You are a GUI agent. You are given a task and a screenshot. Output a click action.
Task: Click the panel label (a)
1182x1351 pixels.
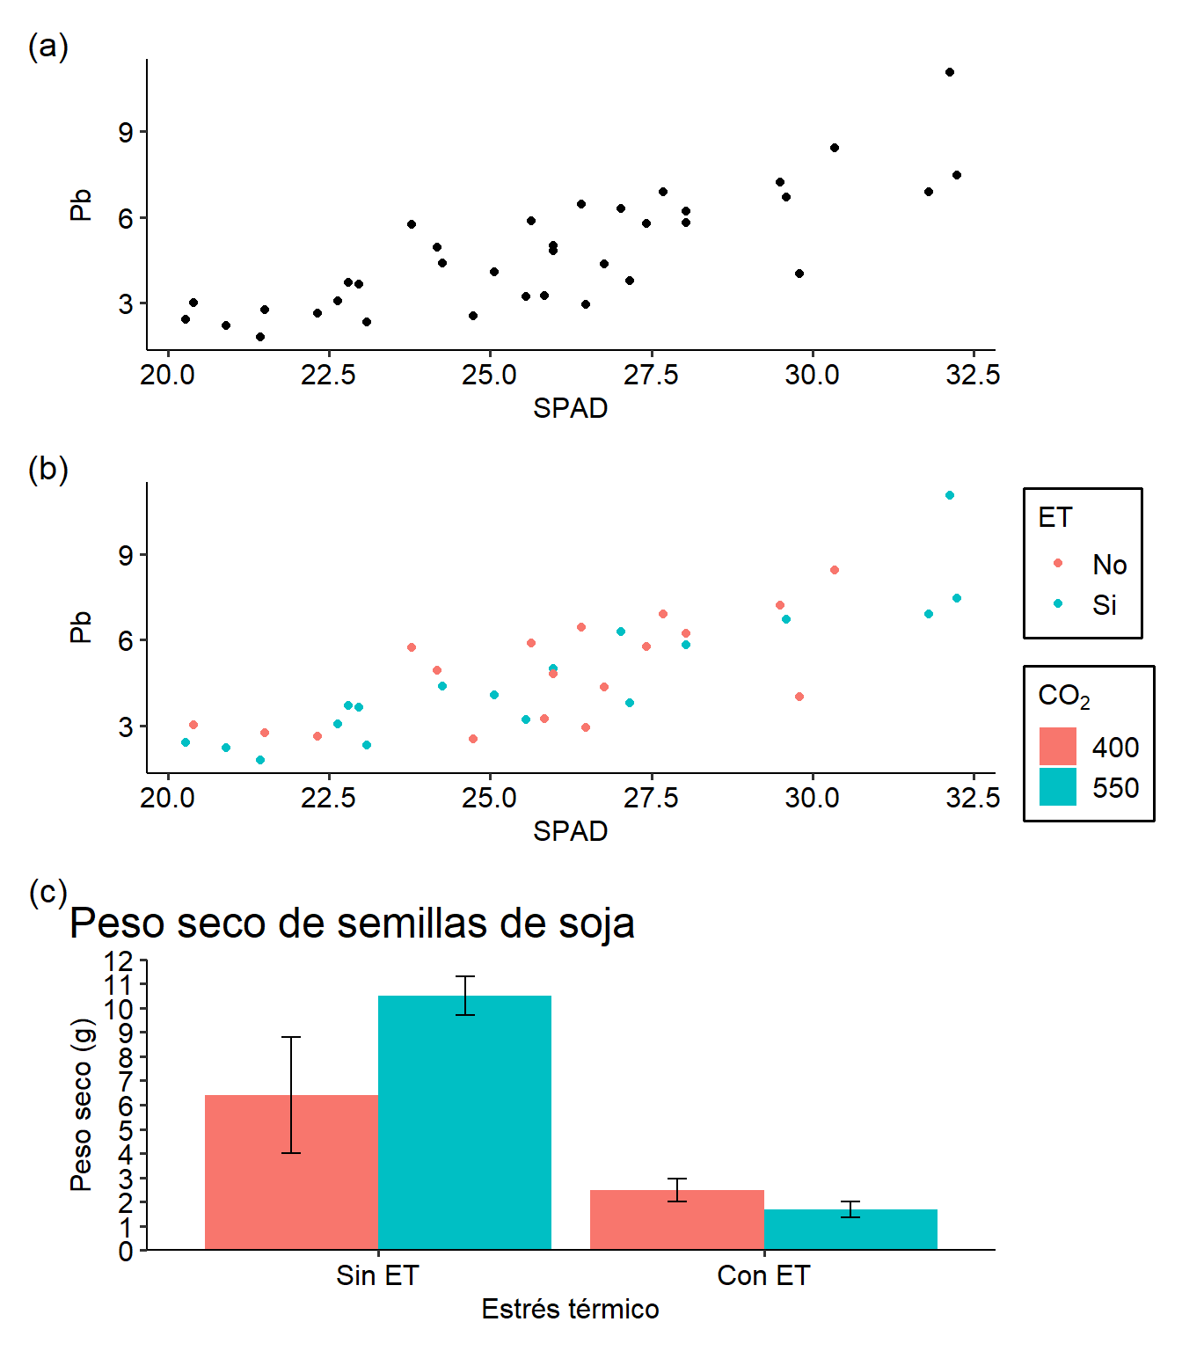tap(47, 46)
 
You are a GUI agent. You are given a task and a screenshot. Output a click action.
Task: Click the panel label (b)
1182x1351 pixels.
tap(47, 469)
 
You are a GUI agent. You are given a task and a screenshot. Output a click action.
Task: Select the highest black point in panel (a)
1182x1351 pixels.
tap(950, 72)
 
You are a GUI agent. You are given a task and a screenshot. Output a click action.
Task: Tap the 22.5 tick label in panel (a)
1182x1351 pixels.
tap(328, 376)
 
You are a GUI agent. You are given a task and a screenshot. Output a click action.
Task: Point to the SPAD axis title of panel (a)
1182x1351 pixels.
tap(570, 408)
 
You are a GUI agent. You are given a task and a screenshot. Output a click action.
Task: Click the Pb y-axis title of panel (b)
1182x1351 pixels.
tap(81, 627)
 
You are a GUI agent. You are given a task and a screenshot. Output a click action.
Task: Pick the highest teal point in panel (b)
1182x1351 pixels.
tap(950, 495)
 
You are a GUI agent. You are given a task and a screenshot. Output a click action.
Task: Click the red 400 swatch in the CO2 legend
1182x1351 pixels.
tap(1057, 747)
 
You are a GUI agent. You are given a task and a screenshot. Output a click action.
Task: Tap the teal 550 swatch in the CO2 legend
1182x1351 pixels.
tap(1057, 787)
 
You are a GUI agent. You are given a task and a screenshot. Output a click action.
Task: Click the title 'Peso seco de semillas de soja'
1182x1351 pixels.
tap(352, 924)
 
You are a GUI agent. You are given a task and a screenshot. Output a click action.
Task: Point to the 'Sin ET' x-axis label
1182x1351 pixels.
tap(377, 1275)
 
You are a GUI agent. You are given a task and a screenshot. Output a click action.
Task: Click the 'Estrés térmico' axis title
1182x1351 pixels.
tap(570, 1309)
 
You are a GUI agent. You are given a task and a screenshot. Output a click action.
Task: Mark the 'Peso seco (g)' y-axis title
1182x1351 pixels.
tap(81, 1104)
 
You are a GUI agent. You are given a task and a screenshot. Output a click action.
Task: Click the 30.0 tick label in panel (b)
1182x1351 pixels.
tap(812, 799)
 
